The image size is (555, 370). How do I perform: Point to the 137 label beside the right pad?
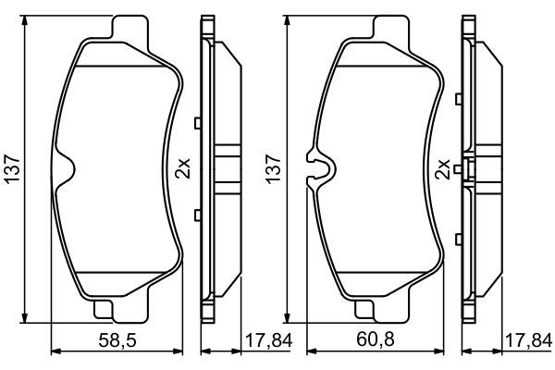coord(271,166)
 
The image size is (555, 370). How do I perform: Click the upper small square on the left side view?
coord(197,122)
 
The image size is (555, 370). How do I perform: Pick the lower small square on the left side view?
coord(197,215)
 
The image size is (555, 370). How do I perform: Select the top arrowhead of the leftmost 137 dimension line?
coord(23,19)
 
